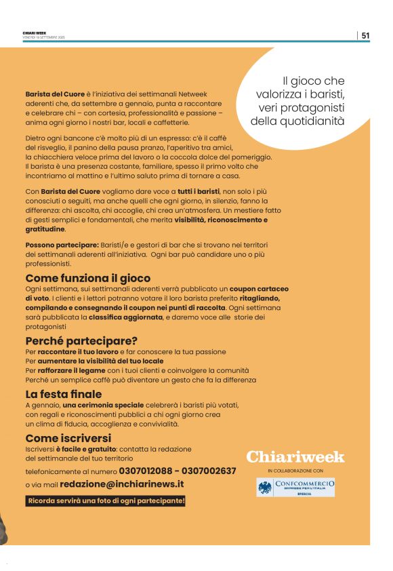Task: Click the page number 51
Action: pyautogui.click(x=365, y=36)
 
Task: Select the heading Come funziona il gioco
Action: pyautogui.click(x=88, y=278)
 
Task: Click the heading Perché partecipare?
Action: pyautogui.click(x=81, y=340)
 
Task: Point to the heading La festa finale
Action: pyautogui.click(x=64, y=394)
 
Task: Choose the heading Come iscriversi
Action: pyautogui.click(x=68, y=438)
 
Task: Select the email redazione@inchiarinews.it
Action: pyautogui.click(x=122, y=484)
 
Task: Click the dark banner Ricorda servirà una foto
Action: pyautogui.click(x=105, y=501)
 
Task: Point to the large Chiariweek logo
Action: pyautogui.click(x=295, y=457)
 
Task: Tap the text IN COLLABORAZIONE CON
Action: pyautogui.click(x=295, y=470)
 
